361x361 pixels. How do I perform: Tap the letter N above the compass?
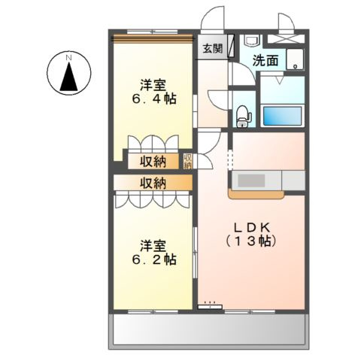coord(68,57)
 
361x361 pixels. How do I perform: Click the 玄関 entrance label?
coord(213,49)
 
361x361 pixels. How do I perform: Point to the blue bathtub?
coord(282,116)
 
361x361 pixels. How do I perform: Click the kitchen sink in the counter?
coord(252,181)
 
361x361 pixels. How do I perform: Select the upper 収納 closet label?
coord(153,160)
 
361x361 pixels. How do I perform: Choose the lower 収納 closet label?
coord(153,182)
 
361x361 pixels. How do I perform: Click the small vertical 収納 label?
coord(188,161)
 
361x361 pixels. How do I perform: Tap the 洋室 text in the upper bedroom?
coord(153,83)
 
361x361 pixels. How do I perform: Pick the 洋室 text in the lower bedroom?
coord(153,244)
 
